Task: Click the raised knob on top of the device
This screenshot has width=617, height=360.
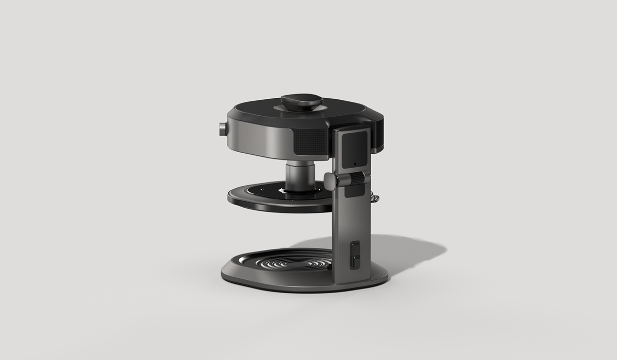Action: tap(301, 100)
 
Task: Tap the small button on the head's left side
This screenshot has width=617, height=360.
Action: tap(222, 129)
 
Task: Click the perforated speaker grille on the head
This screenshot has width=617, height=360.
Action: tap(310, 141)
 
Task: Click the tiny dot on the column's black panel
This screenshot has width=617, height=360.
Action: tap(355, 165)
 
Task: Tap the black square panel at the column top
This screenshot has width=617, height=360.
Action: tap(355, 149)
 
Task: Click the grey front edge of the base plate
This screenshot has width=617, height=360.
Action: tap(288, 285)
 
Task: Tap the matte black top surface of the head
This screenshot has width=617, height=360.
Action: tap(257, 111)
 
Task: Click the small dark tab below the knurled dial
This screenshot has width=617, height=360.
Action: tap(354, 192)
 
